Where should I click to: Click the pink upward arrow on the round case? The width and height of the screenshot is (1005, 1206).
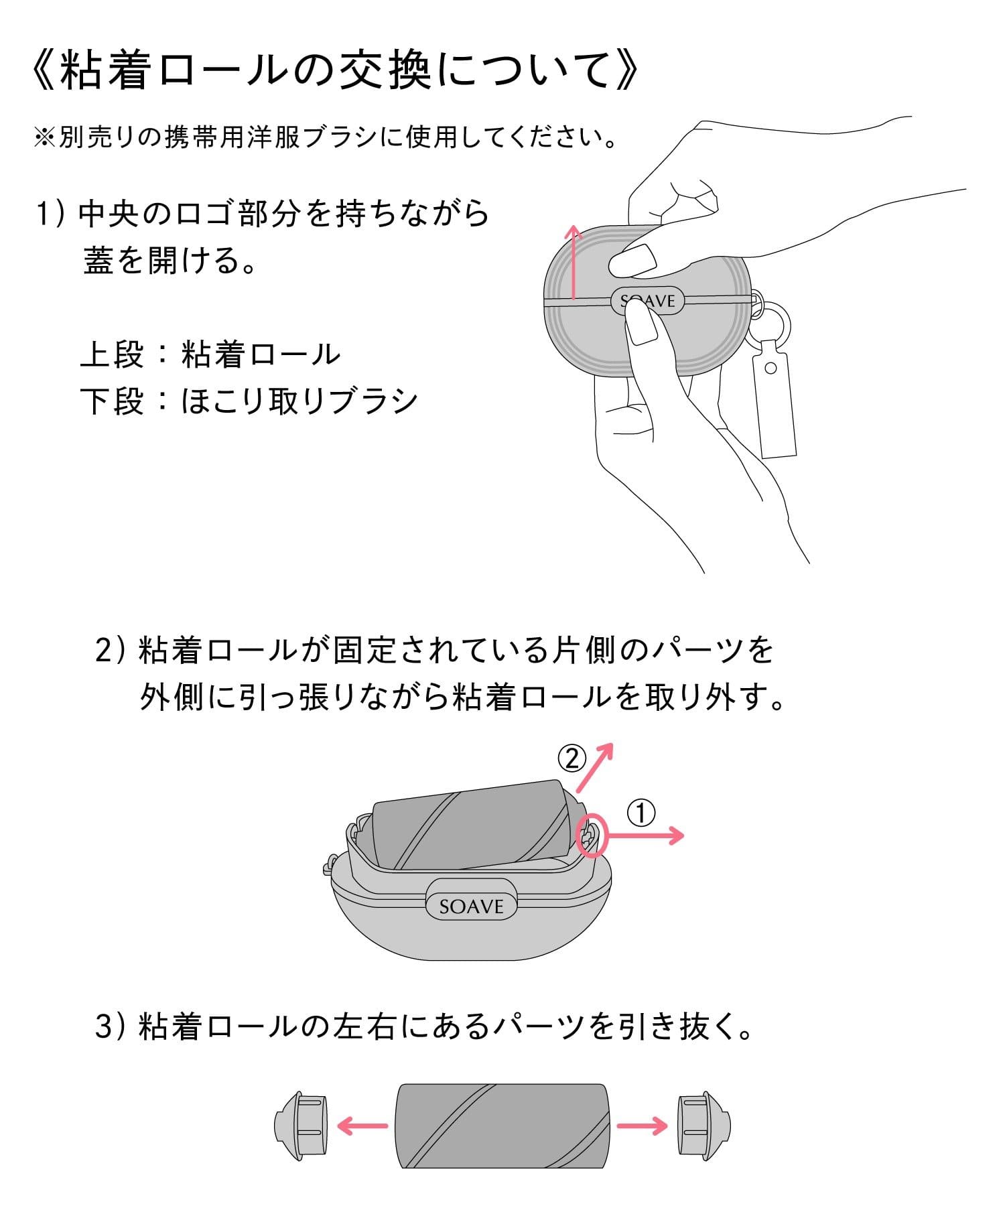tap(573, 261)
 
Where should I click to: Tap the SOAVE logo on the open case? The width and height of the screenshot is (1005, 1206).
tap(472, 907)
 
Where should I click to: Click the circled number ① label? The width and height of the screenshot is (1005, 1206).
tap(641, 813)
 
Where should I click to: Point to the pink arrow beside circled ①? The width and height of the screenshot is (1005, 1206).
tap(644, 835)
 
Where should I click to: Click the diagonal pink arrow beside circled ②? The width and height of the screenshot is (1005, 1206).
tap(595, 768)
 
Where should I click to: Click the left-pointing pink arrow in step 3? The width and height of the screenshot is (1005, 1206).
tap(362, 1126)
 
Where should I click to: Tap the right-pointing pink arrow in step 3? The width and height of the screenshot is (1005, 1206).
tap(643, 1126)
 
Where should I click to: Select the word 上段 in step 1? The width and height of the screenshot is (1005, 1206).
tap(112, 354)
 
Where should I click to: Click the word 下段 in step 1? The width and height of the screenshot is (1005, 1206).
tap(112, 401)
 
